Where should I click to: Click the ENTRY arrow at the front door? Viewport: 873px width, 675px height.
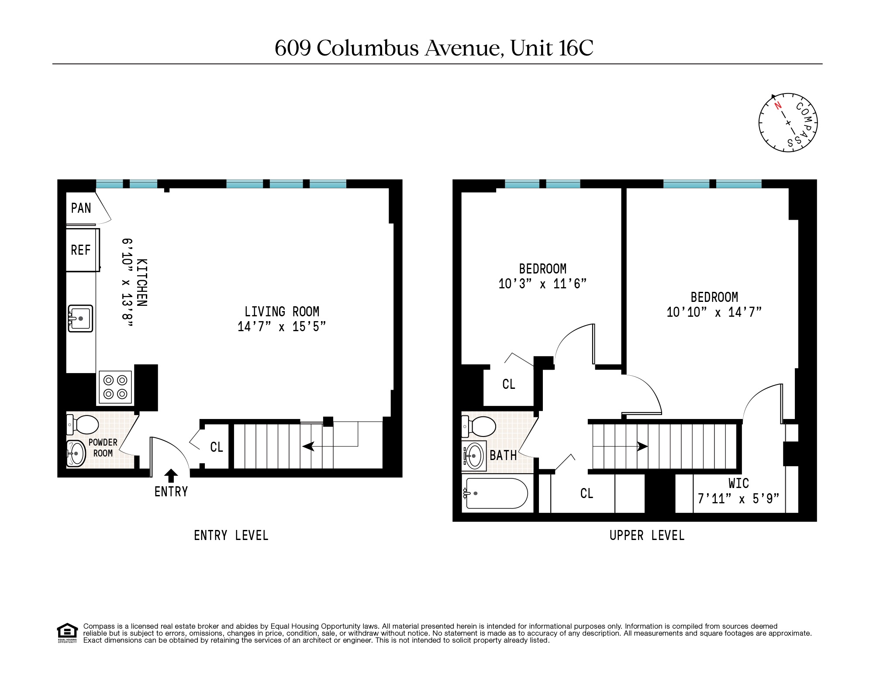pyautogui.click(x=171, y=475)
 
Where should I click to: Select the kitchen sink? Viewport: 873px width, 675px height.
pyautogui.click(x=80, y=318)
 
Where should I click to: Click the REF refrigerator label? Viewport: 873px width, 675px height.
pyautogui.click(x=81, y=250)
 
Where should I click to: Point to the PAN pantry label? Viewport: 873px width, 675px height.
pyautogui.click(x=81, y=208)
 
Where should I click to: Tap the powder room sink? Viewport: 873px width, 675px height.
pyautogui.click(x=76, y=453)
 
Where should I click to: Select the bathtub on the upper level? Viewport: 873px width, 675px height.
pyautogui.click(x=497, y=493)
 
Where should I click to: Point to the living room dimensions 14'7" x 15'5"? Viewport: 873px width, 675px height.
pyautogui.click(x=282, y=327)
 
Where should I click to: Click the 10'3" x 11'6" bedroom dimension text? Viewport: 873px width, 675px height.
pyautogui.click(x=542, y=284)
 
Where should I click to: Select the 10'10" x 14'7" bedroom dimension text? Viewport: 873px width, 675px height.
pyautogui.click(x=714, y=312)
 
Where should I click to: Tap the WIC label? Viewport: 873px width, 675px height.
pyautogui.click(x=738, y=483)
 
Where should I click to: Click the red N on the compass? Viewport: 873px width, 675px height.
pyautogui.click(x=777, y=106)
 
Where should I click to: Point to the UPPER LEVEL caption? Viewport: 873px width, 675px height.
pyautogui.click(x=647, y=536)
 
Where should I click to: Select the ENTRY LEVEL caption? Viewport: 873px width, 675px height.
pyautogui.click(x=231, y=536)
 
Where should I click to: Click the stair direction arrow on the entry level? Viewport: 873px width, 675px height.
pyautogui.click(x=309, y=446)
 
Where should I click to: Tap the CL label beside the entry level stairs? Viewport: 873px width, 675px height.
pyautogui.click(x=217, y=447)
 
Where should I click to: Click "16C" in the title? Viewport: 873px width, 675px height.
pyautogui.click(x=576, y=48)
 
